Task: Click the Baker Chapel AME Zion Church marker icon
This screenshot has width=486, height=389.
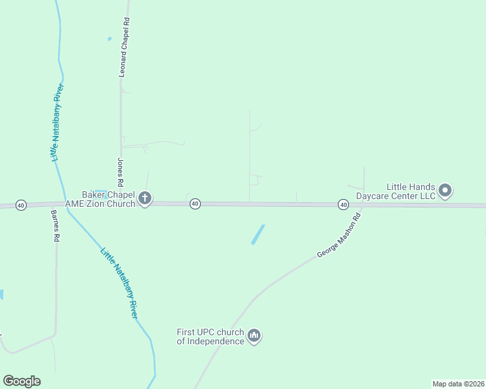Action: [x=145, y=198]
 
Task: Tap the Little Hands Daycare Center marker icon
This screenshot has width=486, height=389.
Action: [x=445, y=190]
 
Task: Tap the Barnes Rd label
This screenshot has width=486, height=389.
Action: [x=55, y=226]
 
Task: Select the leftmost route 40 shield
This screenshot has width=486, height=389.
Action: [x=21, y=205]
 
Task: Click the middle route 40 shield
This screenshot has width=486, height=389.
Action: [x=194, y=204]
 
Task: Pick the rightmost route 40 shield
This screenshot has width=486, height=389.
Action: [x=343, y=205]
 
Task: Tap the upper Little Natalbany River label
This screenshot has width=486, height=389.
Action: [x=57, y=123]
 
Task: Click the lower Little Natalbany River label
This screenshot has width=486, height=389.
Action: [x=119, y=282]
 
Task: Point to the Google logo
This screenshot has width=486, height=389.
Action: [x=21, y=381]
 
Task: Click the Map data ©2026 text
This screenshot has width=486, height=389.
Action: [x=457, y=383]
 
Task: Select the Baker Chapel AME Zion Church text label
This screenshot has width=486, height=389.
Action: [x=108, y=198]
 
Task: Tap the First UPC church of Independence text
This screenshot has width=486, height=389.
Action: [x=210, y=336]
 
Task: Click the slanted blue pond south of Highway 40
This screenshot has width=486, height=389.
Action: [x=258, y=234]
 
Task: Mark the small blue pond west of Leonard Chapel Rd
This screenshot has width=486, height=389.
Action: [x=109, y=39]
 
